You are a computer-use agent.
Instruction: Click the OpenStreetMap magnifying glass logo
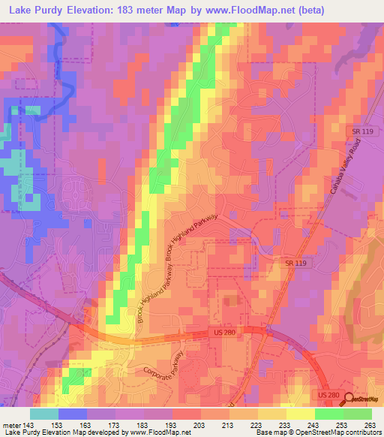pyautogui.click(x=349, y=399)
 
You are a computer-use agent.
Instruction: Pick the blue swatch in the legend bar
pyautogui.click(x=72, y=414)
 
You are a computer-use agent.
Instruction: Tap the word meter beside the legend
pyautogui.click(x=11, y=424)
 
